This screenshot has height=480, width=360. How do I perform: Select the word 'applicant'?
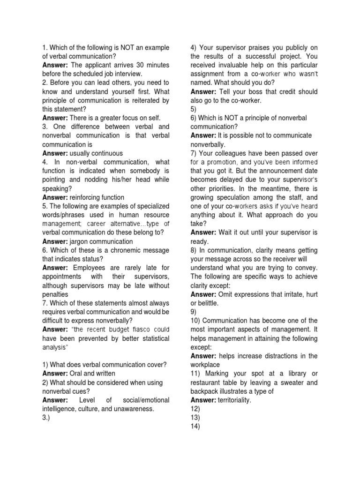[x=100, y=65]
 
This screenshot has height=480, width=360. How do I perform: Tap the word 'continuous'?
[x=106, y=153]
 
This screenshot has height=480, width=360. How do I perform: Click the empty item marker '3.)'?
[x=47, y=418]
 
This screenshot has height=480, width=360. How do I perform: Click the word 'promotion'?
[x=223, y=162]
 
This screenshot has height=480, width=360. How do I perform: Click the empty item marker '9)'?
[x=194, y=312]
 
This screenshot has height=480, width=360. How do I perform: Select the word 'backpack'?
[x=206, y=391]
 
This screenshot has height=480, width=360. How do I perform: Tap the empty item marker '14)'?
[x=196, y=426]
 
